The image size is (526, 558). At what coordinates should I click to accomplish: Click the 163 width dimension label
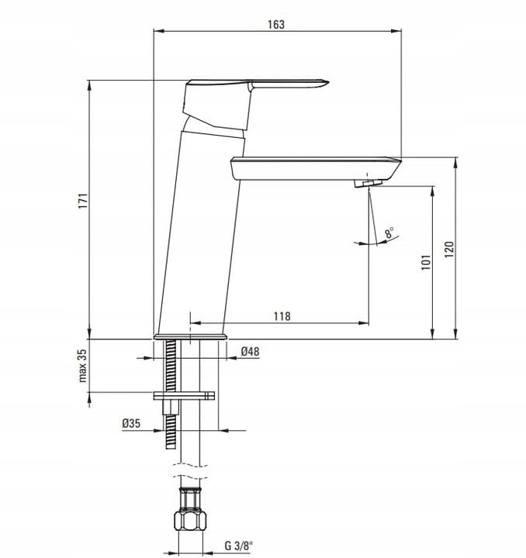pyautogui.click(x=276, y=25)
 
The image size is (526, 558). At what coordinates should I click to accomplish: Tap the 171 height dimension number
pyautogui.click(x=82, y=201)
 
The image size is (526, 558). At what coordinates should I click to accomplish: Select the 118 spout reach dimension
pyautogui.click(x=282, y=316)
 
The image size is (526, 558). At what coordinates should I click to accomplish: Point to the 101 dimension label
pyautogui.click(x=426, y=262)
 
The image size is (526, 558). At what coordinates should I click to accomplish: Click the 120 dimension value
pyautogui.click(x=449, y=250)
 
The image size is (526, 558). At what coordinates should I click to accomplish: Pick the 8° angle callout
pyautogui.click(x=389, y=232)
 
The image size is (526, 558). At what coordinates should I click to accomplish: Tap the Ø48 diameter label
pyautogui.click(x=250, y=352)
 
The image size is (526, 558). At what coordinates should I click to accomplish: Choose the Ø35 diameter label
pyautogui.click(x=131, y=423)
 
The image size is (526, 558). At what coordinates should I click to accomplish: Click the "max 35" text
pyautogui.click(x=82, y=366)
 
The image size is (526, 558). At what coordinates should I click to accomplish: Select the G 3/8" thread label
pyautogui.click(x=238, y=546)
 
